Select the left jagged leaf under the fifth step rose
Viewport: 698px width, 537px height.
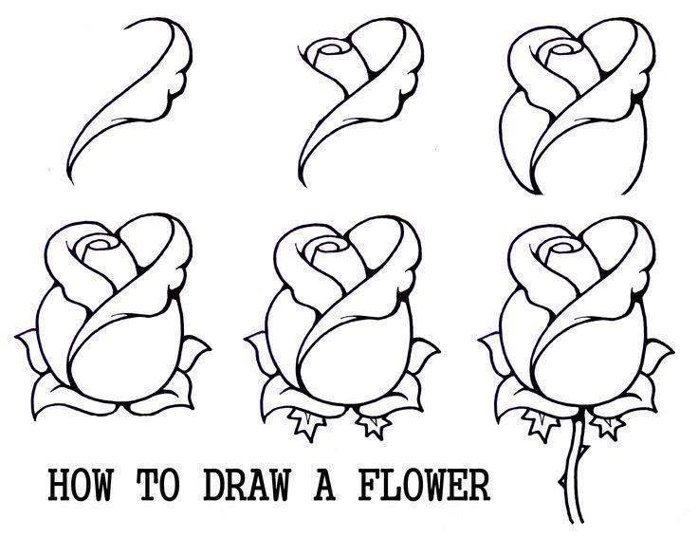303,423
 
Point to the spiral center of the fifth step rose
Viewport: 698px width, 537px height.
331,246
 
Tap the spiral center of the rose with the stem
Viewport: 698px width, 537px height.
562,246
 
